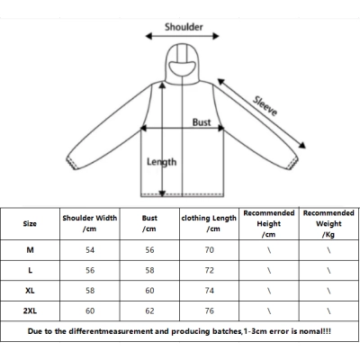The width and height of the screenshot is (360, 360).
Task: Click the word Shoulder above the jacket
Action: pos(184,27)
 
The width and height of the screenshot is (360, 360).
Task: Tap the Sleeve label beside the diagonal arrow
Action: pos(265,106)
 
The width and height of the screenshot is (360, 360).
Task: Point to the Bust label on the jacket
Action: pos(202,122)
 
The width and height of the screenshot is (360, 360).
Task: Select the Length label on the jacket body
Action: pos(161,162)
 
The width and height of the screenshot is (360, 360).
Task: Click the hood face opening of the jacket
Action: pos(182,69)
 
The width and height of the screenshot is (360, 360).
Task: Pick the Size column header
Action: pos(30,224)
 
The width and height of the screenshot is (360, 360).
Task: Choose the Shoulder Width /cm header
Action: pos(90,223)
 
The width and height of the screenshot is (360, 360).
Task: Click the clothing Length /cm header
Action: pos(209,223)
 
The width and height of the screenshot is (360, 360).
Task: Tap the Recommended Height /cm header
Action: pos(269,223)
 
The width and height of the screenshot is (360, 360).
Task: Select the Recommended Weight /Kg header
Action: pos(328,223)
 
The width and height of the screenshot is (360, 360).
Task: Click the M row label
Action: pos(30,250)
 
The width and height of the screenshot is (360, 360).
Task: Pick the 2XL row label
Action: pos(30,310)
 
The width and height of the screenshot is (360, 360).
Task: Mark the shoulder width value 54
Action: pos(90,250)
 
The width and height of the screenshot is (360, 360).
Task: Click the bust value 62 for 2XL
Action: pos(149,310)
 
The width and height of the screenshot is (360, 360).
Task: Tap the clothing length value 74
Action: pos(210,291)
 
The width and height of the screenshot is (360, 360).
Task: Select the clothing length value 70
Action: pos(210,250)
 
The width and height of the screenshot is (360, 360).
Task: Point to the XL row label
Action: pos(30,291)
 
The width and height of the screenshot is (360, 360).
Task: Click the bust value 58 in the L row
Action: pos(149,270)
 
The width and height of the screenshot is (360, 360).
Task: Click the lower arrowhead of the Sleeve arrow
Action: pos(302,145)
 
